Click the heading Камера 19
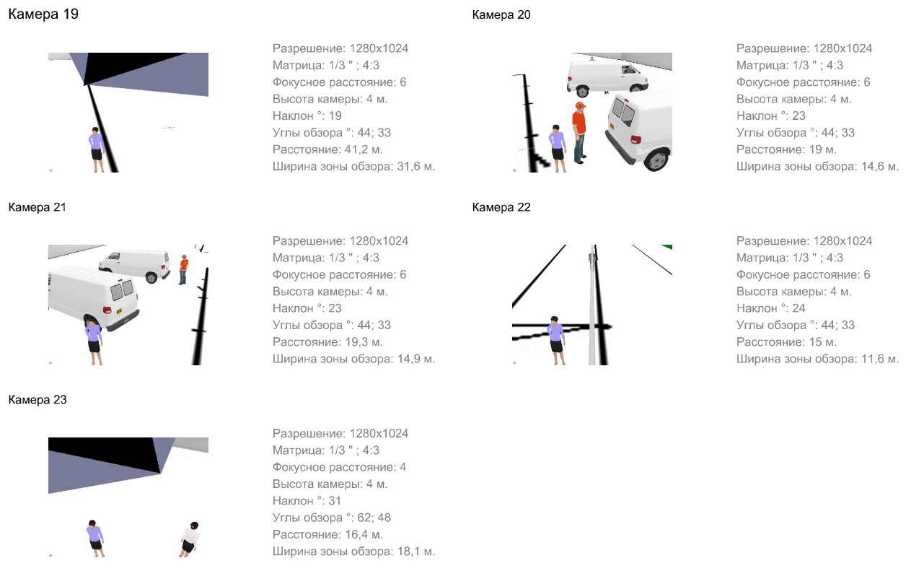[x=43, y=14]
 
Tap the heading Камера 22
[x=501, y=207]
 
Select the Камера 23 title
[x=38, y=399]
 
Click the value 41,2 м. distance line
[x=327, y=149]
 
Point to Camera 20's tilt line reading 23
[x=770, y=115]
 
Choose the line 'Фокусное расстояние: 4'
[x=339, y=467]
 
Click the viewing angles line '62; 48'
[x=331, y=518]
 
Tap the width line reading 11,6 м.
[x=817, y=359]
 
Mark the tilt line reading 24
[x=770, y=308]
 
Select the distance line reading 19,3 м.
[x=327, y=342]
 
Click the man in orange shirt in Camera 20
[x=579, y=133]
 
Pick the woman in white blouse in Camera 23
[x=189, y=539]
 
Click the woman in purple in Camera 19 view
[x=97, y=149]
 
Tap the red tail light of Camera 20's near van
[x=635, y=139]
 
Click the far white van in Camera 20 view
[x=607, y=77]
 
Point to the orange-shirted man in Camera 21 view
[x=182, y=269]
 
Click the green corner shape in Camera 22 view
[x=667, y=247]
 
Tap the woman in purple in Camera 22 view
[x=555, y=341]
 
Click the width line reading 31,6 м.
[x=353, y=166]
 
